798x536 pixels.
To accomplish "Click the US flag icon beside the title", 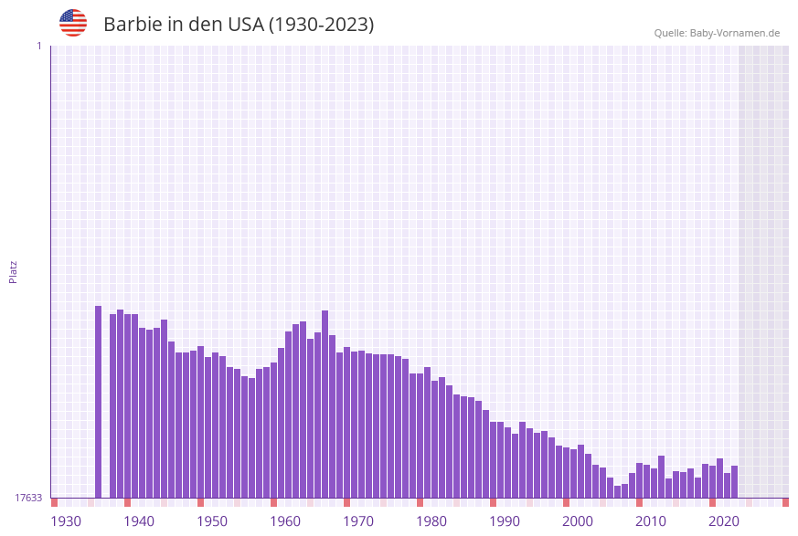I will [x=73, y=23].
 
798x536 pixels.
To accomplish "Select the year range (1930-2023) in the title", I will [x=321, y=25].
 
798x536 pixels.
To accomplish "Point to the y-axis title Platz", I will [x=14, y=271].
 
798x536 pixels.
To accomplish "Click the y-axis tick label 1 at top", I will [x=38, y=46].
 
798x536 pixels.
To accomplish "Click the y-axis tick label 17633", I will [x=28, y=498].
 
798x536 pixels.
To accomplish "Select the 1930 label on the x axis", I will [x=66, y=521].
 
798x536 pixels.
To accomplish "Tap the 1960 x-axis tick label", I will [x=285, y=521].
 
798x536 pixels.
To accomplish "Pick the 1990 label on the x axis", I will [x=505, y=521].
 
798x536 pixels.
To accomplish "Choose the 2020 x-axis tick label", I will [x=724, y=521].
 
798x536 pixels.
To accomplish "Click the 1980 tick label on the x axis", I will [x=431, y=521].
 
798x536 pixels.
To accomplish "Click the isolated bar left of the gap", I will [x=99, y=402].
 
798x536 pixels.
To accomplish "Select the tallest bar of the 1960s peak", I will [x=325, y=404].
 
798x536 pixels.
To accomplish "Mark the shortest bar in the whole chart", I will [x=618, y=491].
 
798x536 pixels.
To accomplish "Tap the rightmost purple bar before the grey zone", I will [x=734, y=481].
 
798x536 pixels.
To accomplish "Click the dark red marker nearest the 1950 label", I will [x=201, y=502].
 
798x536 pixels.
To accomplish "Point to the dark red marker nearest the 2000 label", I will [x=567, y=502].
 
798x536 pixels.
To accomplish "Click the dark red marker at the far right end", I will [x=785, y=502].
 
